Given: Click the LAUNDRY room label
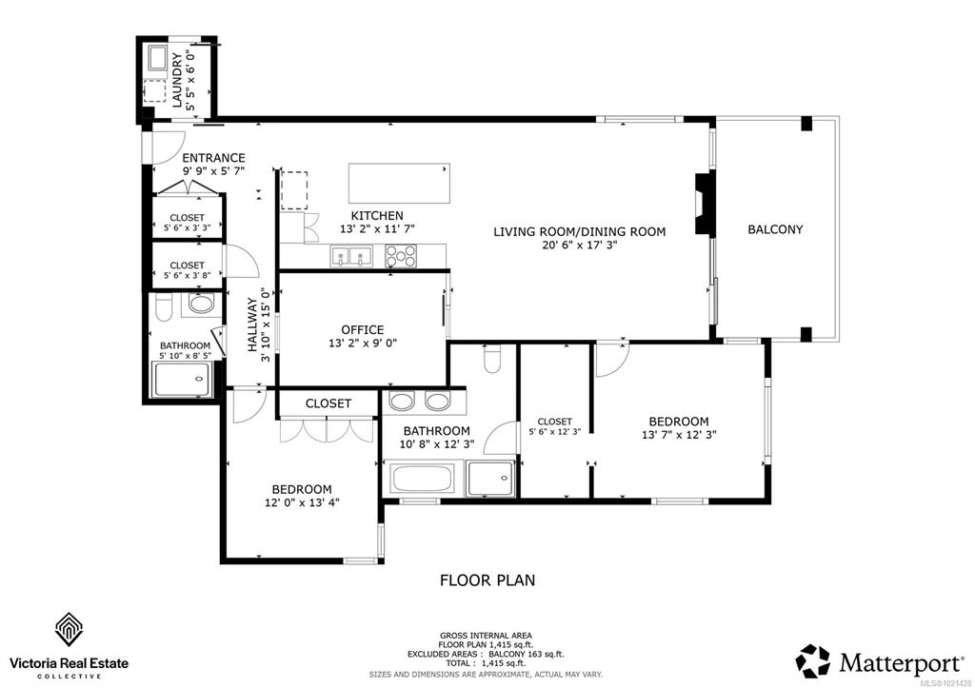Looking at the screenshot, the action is point(177,80).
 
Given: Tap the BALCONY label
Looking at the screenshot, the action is point(775,229).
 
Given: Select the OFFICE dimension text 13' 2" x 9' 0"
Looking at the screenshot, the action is point(363,344).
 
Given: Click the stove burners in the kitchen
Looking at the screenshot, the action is point(401,256).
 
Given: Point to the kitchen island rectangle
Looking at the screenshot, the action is point(399,184).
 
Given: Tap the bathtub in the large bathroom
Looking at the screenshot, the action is point(421,479).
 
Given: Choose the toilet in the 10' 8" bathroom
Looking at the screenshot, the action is point(492,359).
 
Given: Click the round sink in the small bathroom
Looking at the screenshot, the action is point(201,304).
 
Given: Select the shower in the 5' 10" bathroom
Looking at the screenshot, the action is point(182,379).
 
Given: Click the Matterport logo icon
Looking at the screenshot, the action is point(813,660).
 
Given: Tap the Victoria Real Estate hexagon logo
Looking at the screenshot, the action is point(69,629).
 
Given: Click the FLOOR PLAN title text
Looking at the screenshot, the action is point(487,580).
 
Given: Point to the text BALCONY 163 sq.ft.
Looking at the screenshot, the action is point(526,655).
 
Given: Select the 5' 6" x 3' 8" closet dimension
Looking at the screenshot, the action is point(188,275).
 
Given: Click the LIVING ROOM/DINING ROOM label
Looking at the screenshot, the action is point(580,232).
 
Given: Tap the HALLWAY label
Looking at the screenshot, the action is point(252,324).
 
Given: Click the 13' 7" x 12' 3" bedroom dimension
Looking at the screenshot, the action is point(679,435).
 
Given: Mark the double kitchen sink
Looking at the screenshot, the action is point(351,256).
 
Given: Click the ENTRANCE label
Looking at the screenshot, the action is point(213,158).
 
